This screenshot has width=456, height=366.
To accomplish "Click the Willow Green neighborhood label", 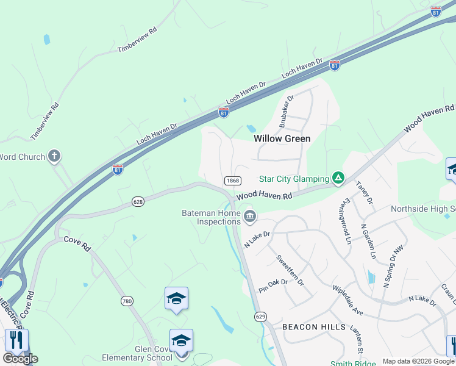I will pyautogui.click(x=282, y=138).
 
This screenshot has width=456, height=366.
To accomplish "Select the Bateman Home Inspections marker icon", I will pyautogui.click(x=249, y=217).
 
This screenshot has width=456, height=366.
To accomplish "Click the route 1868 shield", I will pyautogui.click(x=232, y=181).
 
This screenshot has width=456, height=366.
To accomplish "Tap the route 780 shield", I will pyautogui.click(x=126, y=301).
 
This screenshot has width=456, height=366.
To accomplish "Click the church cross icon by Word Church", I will pyautogui.click(x=54, y=157).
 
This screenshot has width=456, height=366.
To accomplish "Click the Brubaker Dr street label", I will pyautogui.click(x=287, y=110).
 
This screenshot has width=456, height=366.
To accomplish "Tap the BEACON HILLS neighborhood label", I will pyautogui.click(x=308, y=327).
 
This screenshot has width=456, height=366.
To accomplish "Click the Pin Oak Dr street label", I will pyautogui.click(x=273, y=287).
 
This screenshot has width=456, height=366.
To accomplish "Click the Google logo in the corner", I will pyautogui.click(x=21, y=359).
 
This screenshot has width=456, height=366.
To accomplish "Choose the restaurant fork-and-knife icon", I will pyautogui.click(x=16, y=340).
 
